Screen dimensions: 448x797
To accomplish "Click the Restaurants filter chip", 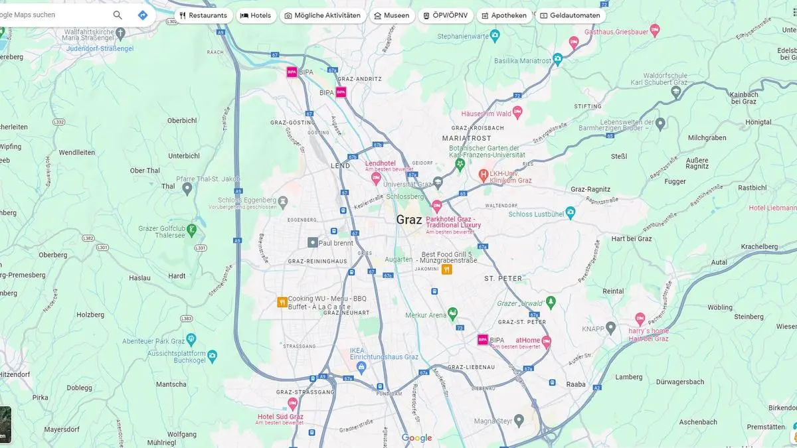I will pos(203,15).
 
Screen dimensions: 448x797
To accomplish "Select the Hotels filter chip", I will pos(256,15).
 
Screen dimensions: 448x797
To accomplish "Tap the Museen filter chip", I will pos(391,15).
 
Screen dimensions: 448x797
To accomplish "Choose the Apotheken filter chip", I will pos(504,15).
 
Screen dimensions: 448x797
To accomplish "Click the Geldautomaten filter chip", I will pos(570,15).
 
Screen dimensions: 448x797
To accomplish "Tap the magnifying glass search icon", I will pos(118,15).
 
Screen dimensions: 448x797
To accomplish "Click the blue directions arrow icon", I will pos(143,15).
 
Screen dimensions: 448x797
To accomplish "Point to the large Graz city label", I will pos(409,219).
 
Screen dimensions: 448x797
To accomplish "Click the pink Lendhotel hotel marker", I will pos(375,178).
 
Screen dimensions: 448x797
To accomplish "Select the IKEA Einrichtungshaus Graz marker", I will pos(361,366).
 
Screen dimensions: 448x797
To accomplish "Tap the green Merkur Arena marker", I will pos(452,312).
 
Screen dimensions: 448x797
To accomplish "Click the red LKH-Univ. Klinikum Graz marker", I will pos(484,175).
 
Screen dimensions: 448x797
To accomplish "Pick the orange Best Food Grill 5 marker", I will pos(447,269).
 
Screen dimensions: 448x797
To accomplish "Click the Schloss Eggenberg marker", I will pos(284,200).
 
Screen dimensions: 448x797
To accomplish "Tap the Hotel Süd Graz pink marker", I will pos(292,403).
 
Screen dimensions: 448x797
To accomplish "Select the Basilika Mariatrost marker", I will pos(558,60).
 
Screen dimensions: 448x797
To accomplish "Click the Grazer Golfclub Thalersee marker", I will pos(192,230).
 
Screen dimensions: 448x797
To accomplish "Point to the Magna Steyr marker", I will pos(519,419).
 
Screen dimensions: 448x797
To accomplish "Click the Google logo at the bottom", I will pos(416,438).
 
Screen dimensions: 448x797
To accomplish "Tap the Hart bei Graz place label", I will pos(631,239).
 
